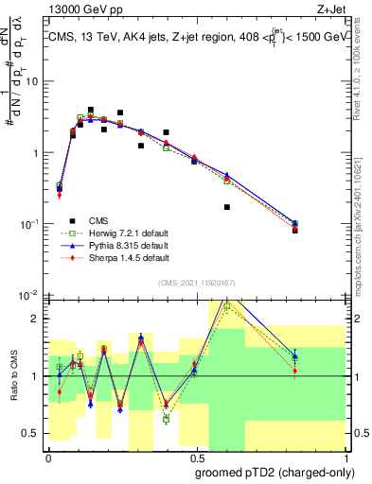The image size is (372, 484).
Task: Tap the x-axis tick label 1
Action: tap(343, 457)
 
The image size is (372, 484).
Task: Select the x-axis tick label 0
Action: tap(47, 457)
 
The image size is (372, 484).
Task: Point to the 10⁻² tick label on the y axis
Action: tap(29, 296)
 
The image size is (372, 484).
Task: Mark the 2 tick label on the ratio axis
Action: tap(36, 319)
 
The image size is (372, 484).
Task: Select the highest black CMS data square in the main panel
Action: tap(91, 110)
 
